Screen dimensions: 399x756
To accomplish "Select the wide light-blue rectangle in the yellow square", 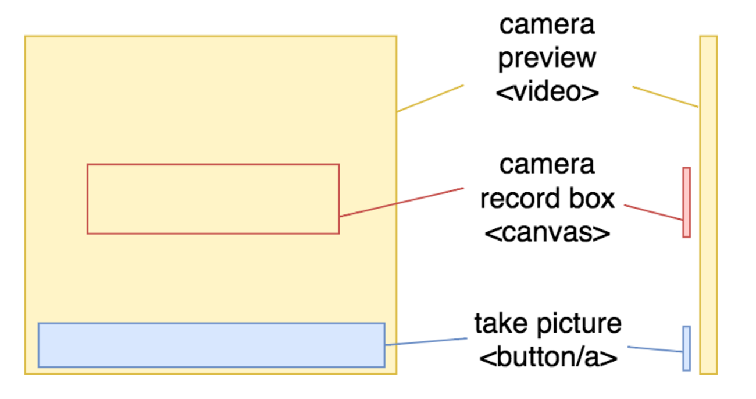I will (x=211, y=345).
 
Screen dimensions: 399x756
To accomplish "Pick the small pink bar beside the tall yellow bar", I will (x=686, y=202).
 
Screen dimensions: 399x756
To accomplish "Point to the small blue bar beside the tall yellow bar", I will (x=686, y=348).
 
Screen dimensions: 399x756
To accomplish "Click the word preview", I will (x=547, y=58).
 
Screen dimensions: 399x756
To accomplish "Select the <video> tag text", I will (x=547, y=91).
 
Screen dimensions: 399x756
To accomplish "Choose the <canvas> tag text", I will (x=547, y=232).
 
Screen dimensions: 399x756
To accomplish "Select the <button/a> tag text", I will (x=547, y=356).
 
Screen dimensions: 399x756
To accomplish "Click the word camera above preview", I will (x=547, y=25).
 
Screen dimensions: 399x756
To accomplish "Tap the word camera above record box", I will (x=547, y=165).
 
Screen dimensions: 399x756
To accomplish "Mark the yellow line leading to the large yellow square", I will (x=430, y=98).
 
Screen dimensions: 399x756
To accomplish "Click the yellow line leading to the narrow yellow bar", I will (x=665, y=97).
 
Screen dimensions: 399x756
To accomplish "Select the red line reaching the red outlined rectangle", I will (x=401, y=202).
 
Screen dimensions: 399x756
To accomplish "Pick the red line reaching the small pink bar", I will (x=653, y=212).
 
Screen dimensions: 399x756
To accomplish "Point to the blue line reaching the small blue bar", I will (x=655, y=349).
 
